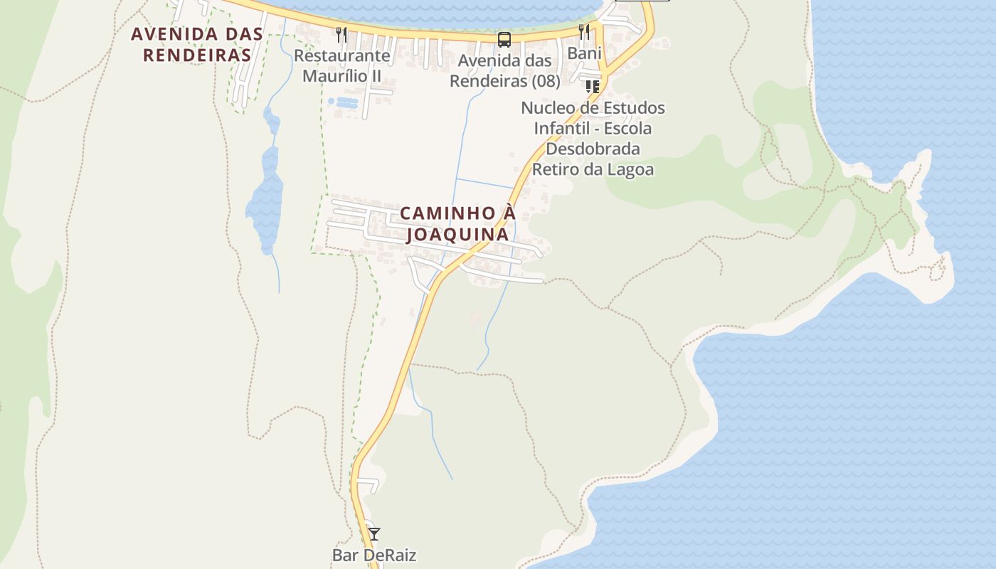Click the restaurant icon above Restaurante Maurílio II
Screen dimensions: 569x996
click(341, 34)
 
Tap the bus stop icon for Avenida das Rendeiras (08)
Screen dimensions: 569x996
click(504, 40)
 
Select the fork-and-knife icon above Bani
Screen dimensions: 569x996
click(584, 31)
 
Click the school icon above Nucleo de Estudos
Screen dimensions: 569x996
click(592, 87)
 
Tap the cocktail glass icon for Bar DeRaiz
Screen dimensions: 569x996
click(373, 533)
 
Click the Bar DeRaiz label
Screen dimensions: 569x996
click(373, 555)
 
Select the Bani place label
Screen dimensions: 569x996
click(584, 53)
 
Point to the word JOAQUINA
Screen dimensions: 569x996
click(457, 234)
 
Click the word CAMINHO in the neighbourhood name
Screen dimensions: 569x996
click(437, 213)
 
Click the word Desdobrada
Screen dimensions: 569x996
click(593, 149)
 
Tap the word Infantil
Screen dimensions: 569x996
click(564, 129)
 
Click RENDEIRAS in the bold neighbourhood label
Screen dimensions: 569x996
click(197, 55)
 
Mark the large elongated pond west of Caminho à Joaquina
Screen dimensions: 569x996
click(266, 199)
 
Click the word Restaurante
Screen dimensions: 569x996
click(341, 55)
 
